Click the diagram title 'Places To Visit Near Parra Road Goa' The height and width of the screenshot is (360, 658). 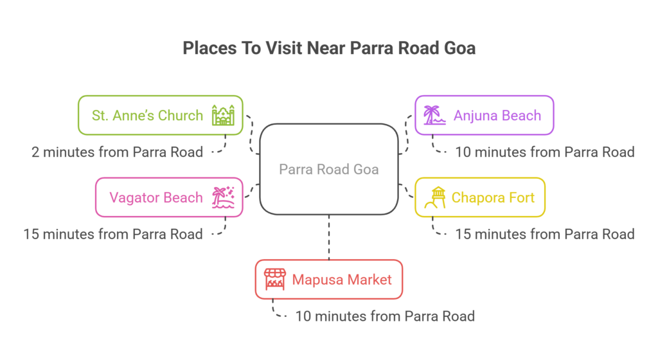329,49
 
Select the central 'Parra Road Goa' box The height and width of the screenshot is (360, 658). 328,169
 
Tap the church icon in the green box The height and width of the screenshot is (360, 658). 224,116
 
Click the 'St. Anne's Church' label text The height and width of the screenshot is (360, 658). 147,116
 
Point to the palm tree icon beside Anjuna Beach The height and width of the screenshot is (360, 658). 433,116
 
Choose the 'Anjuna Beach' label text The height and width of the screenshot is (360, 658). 497,116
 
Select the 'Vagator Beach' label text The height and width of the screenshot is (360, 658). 156,197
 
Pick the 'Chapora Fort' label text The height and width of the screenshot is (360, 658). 493,197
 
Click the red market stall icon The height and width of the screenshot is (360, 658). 274,280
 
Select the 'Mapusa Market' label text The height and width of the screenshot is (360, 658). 341,280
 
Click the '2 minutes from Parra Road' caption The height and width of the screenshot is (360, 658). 117,152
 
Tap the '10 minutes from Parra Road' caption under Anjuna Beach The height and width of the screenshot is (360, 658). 544,152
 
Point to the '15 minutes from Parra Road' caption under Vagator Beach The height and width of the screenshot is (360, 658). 112,234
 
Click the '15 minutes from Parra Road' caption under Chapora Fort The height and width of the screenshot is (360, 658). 544,234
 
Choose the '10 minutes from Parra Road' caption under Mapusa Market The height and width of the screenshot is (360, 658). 384,316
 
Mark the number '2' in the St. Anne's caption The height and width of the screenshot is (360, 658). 36,152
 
